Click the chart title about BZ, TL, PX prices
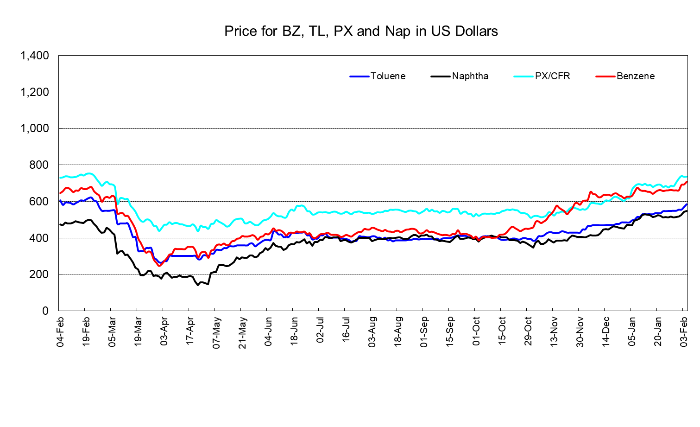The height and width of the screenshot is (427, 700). coord(361,31)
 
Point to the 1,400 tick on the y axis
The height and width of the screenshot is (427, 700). coord(35,56)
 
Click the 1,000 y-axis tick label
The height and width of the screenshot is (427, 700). coord(35,128)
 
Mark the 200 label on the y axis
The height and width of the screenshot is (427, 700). coord(39,274)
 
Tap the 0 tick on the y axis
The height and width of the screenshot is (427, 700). coord(45,311)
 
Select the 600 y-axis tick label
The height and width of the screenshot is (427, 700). coord(39,202)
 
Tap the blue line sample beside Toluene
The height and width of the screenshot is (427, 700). coord(359,76)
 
